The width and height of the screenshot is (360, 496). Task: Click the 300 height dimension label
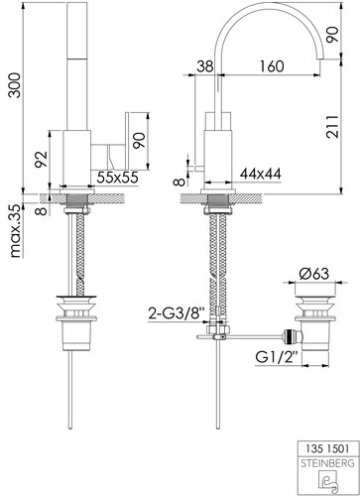pyautogui.click(x=15, y=85)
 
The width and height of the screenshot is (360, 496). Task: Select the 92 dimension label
pyautogui.click(x=42, y=160)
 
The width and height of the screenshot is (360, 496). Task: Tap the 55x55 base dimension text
pyautogui.click(x=117, y=178)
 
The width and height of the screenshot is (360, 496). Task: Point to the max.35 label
pyautogui.click(x=16, y=231)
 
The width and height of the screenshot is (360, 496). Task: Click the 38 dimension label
pyautogui.click(x=205, y=66)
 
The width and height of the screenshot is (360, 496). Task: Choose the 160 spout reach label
pyautogui.click(x=271, y=66)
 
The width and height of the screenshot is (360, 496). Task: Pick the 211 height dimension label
pyautogui.click(x=332, y=126)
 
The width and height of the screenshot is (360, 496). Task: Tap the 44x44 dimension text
pyautogui.click(x=261, y=174)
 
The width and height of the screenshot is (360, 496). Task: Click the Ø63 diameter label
pyautogui.click(x=314, y=274)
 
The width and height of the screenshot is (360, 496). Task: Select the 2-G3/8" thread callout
pyautogui.click(x=177, y=313)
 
